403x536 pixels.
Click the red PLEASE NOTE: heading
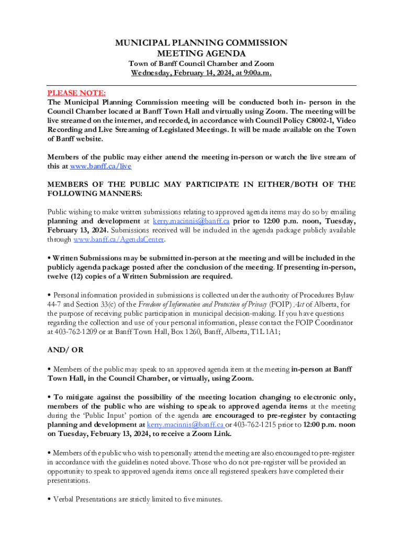[x=69, y=93]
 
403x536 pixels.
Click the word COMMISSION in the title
[x=249, y=43]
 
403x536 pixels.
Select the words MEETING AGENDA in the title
[x=201, y=53]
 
